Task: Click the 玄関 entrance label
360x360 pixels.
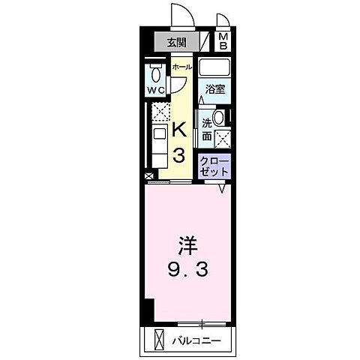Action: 177,42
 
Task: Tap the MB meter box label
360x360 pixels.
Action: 223,42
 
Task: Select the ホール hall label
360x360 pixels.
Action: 181,67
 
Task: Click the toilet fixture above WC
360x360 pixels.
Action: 155,73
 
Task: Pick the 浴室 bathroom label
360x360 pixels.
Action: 214,89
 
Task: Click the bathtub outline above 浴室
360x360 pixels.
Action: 214,68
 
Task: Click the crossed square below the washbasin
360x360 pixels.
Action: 222,137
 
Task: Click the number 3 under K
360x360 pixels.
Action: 180,156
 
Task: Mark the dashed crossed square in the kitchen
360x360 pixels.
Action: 159,113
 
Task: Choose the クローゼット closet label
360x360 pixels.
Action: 214,165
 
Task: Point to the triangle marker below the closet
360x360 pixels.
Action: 223,189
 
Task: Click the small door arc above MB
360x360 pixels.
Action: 223,21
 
